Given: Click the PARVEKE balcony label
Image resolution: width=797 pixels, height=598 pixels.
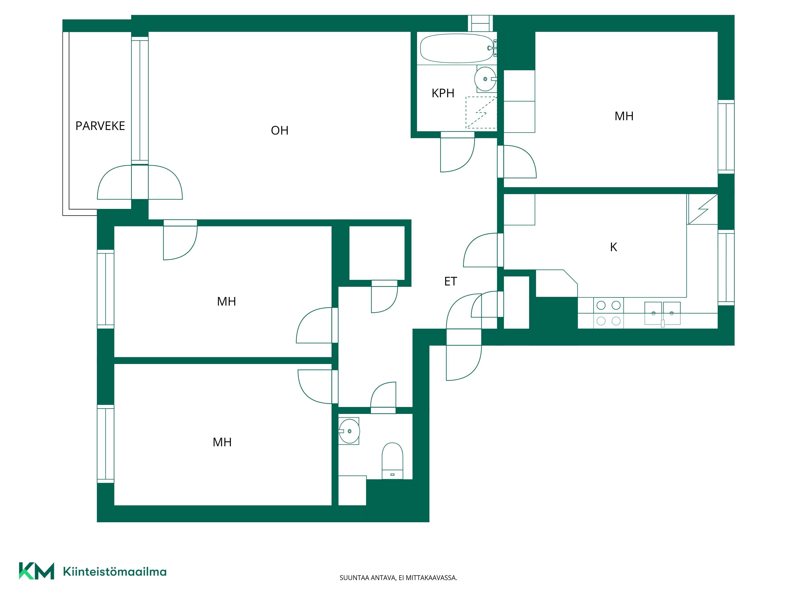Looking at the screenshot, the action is tap(100, 126).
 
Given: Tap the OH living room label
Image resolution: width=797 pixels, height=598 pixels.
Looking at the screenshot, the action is tap(280, 131).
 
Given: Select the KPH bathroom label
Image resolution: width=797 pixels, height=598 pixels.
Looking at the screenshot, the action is tap(443, 93).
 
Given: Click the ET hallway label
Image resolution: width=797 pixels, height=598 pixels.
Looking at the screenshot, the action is tap(450, 281).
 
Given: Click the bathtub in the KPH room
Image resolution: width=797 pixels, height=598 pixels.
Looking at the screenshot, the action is tap(457, 48).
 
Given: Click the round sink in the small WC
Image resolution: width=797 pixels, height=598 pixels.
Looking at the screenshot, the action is tap(349, 431).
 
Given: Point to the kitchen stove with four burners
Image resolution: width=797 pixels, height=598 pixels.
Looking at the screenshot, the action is tap(609, 313).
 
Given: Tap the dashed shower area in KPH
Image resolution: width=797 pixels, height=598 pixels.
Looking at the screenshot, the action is tap(481, 112).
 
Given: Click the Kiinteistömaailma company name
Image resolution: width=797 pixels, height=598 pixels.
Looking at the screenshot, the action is tap(115, 571).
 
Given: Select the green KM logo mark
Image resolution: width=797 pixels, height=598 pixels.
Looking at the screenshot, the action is tap(36, 571).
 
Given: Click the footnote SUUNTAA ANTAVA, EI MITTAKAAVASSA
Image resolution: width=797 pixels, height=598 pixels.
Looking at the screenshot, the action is tap(398, 578).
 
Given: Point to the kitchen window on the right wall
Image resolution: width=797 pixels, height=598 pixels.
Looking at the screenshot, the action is tap(726, 268).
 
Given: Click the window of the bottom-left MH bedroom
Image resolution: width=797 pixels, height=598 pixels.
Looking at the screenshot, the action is tap(106, 444).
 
